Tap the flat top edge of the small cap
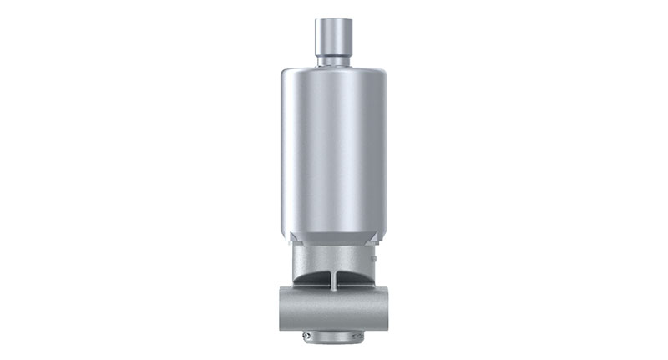click(333, 18)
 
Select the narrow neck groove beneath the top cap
click(333, 59)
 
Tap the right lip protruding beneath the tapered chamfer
click(377, 243)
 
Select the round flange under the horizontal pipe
click(333, 336)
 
